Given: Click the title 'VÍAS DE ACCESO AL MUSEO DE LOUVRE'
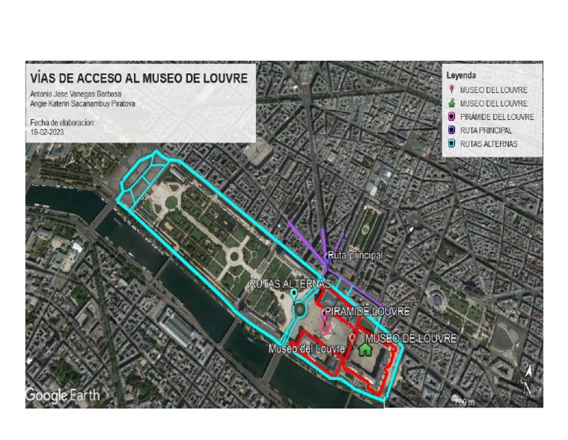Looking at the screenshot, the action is coord(139,77).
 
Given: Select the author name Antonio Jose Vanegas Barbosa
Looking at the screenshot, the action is coord(76,94).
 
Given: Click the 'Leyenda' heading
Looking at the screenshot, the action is coord(461,76).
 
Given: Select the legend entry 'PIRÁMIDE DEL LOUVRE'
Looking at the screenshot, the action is coord(496,117).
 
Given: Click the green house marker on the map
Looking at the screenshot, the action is coord(365,348).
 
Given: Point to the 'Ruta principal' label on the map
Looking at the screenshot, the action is coord(356,256).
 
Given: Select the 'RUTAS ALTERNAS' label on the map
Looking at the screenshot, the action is coord(290,284).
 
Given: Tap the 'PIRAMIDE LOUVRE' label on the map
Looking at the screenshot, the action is coord(367,311).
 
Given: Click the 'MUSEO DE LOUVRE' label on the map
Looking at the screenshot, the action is coord(410,339).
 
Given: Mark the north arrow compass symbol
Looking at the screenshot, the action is coord(527,379).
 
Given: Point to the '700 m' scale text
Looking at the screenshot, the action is coord(463,402).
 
